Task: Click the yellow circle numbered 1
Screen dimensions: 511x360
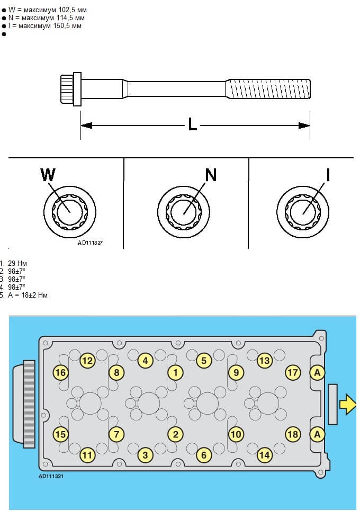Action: [175, 372]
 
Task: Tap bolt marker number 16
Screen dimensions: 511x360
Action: [60, 372]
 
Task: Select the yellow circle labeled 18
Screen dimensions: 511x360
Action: [293, 434]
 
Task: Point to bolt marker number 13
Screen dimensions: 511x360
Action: [264, 361]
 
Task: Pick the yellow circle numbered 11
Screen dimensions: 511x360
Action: [87, 454]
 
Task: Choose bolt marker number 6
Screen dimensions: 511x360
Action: [204, 454]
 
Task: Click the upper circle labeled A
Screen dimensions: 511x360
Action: [317, 372]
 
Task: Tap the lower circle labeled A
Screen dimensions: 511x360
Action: [317, 434]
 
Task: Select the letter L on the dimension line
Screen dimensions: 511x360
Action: [193, 125]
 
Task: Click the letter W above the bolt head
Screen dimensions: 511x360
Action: [48, 174]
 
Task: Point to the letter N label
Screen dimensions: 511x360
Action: [211, 174]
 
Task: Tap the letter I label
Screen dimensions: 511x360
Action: [328, 174]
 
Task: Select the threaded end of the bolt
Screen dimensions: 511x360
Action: [268, 88]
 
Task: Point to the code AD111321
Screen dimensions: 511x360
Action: [51, 476]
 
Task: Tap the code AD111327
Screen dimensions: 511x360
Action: [90, 243]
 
